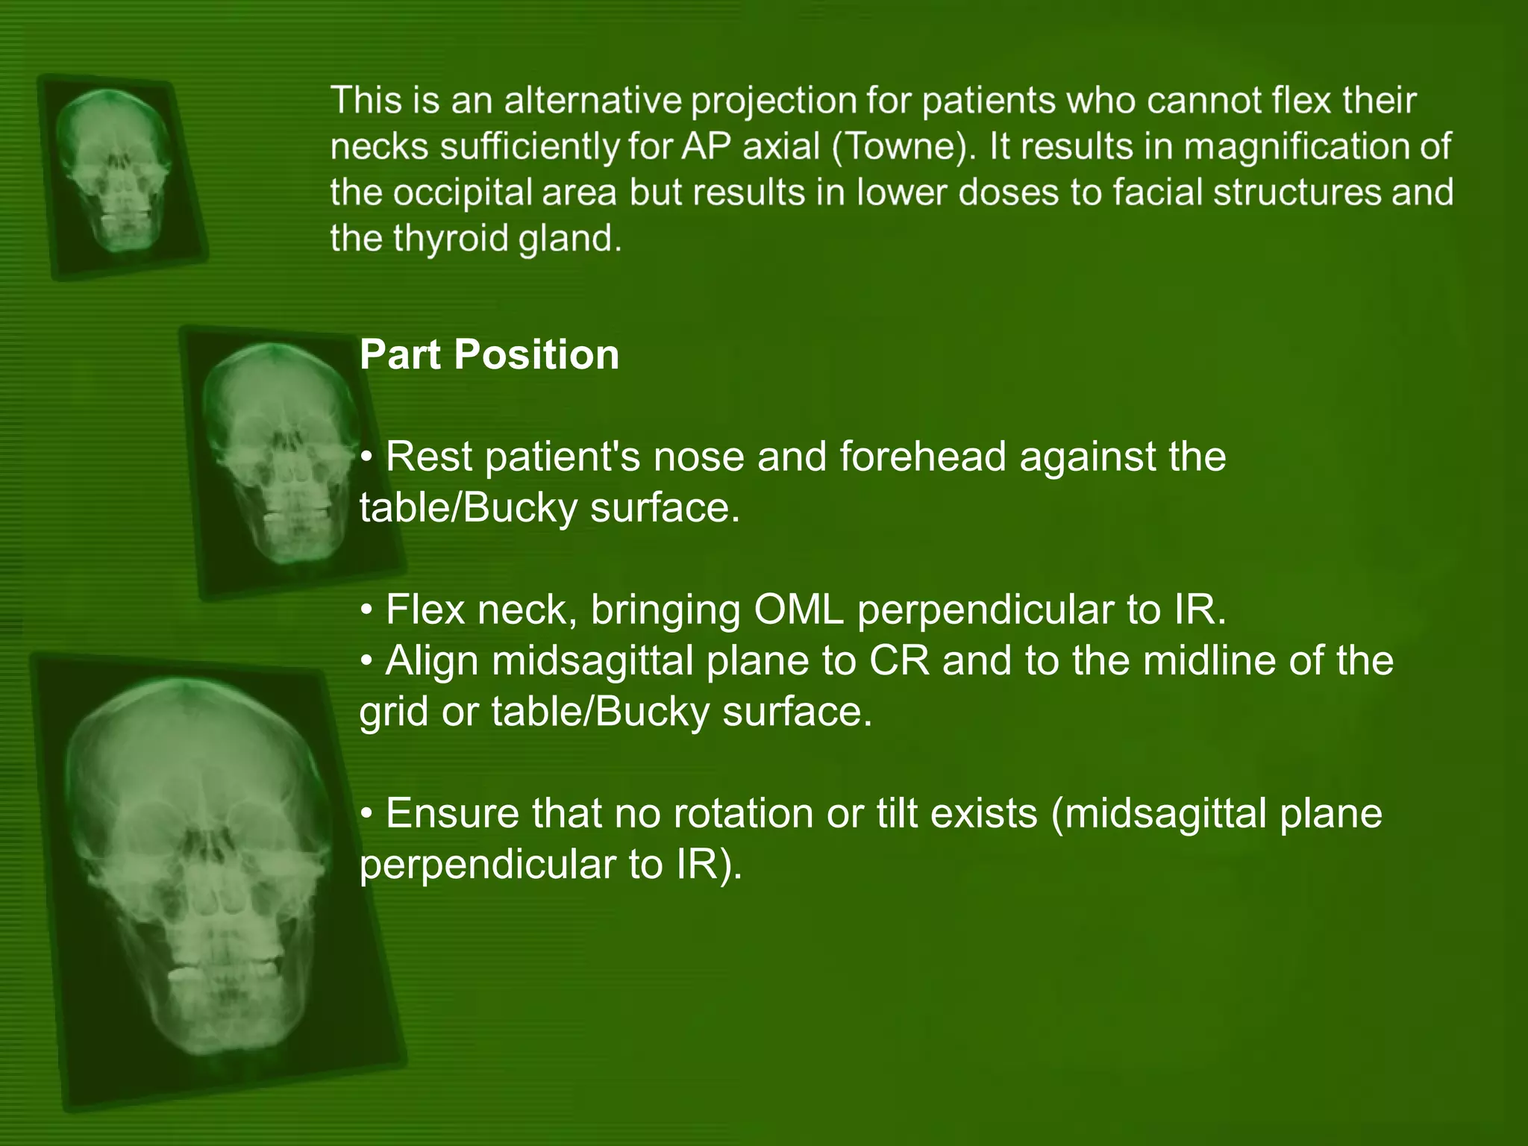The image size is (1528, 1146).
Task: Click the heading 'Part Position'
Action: point(489,354)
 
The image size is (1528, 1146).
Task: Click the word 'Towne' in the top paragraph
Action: point(903,146)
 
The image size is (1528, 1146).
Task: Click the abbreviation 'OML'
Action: point(798,610)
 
